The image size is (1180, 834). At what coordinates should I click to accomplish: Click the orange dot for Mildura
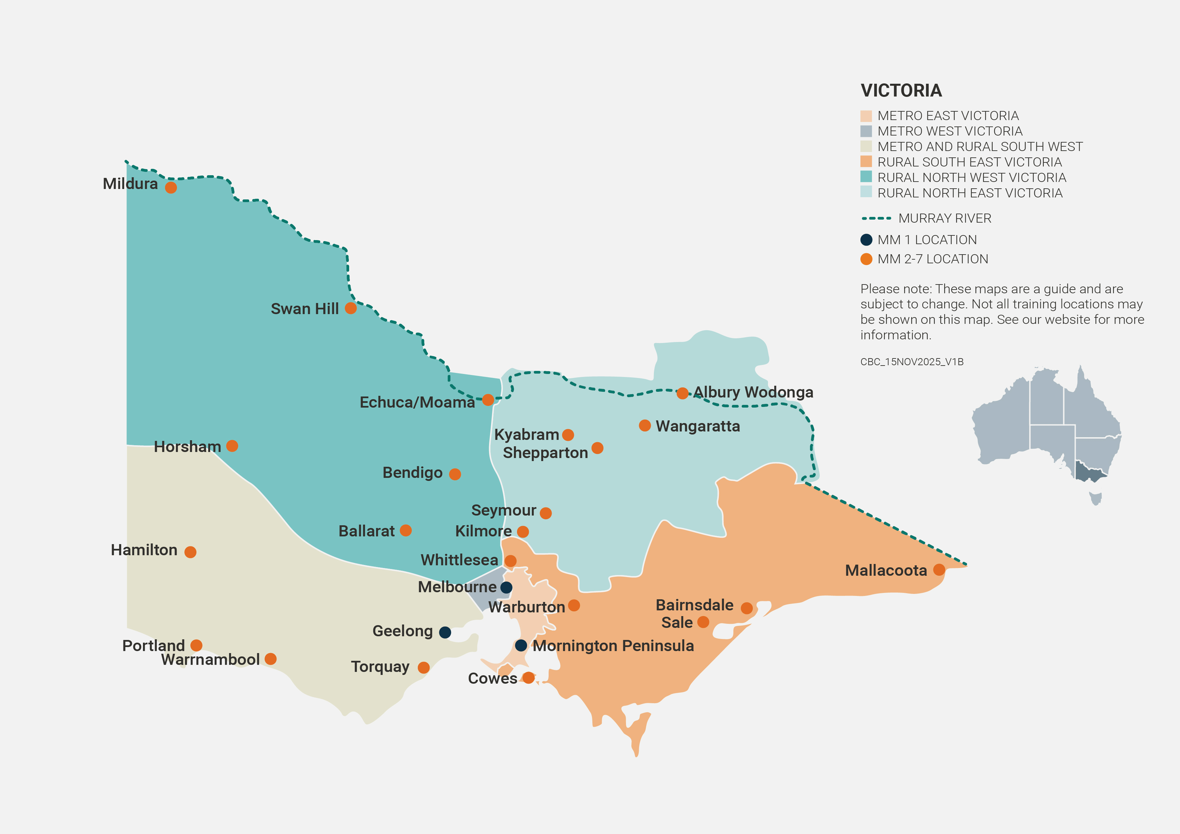171,188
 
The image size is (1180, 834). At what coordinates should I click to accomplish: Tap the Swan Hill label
304,309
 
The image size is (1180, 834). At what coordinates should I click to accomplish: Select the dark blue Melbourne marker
506,587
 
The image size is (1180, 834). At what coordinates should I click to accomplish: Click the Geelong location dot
445,633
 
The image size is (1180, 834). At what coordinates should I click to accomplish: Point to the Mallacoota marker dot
939,570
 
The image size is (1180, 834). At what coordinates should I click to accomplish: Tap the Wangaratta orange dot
644,425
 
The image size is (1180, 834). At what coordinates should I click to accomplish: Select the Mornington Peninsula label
613,646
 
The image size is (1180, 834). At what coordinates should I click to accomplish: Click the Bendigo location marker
455,474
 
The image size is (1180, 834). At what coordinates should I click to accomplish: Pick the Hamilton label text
144,551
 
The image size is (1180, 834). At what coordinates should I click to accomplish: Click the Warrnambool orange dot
270,659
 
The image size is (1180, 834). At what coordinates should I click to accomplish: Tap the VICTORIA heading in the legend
901,91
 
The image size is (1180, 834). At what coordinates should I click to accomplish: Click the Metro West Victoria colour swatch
866,131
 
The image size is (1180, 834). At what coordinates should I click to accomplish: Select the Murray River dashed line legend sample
876,218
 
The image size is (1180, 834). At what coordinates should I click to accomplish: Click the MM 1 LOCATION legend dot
866,240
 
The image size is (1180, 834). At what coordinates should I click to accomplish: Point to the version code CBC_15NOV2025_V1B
912,362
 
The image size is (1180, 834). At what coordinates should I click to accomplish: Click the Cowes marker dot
528,678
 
